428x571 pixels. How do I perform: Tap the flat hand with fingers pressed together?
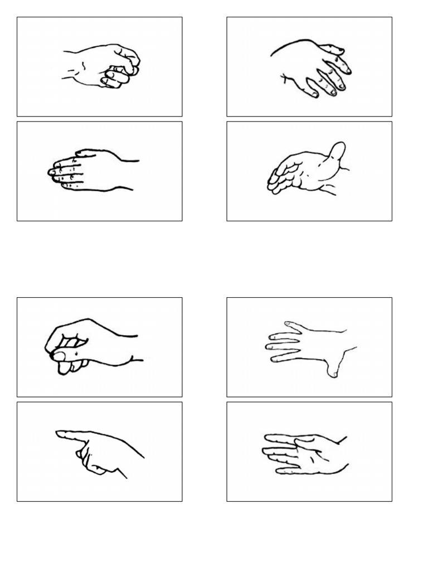pos(92,170)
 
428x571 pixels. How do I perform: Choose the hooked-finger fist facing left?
pos(89,346)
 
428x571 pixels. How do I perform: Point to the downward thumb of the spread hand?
pos(333,369)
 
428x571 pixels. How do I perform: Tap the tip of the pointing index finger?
pos(59,433)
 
